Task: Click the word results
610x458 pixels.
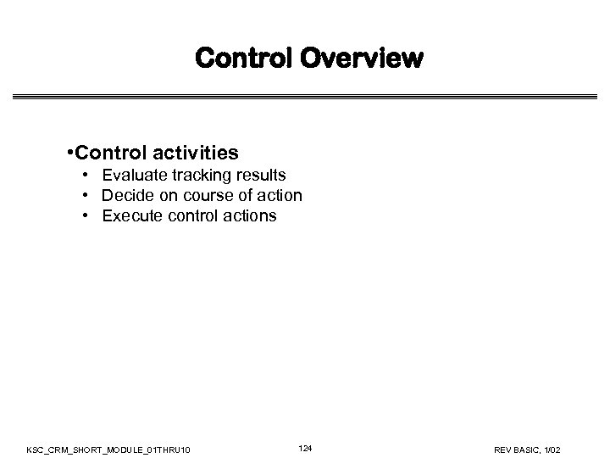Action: (x=258, y=176)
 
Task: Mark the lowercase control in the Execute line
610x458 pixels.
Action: (x=191, y=216)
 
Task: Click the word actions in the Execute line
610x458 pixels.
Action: (x=250, y=216)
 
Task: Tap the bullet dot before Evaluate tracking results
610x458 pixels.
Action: (x=87, y=176)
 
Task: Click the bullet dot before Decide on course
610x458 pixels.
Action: (x=87, y=196)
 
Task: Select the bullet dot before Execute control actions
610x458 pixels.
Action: (x=87, y=216)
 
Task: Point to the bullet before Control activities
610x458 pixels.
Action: (x=69, y=154)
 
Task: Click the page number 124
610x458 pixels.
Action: (x=305, y=447)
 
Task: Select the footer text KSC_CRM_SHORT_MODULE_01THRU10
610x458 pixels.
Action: (x=114, y=448)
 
